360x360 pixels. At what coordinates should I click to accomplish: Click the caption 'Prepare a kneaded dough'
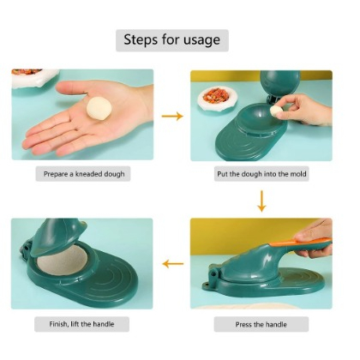pos(84,174)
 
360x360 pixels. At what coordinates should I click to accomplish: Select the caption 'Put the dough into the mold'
pos(261,174)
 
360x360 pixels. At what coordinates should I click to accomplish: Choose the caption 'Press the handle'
pos(261,324)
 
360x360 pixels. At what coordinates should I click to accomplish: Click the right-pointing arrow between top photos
pos(171,116)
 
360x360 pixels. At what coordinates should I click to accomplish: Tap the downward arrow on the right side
pos(261,201)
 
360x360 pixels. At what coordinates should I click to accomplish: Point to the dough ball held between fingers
pos(277,111)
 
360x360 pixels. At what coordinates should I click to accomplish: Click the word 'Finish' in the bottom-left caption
pos(56,324)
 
